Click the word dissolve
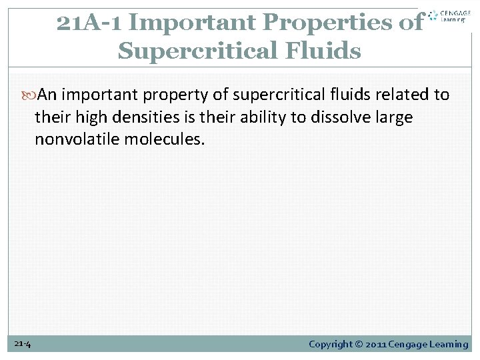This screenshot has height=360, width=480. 337,117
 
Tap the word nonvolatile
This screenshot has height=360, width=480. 73,140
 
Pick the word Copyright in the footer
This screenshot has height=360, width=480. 331,344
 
